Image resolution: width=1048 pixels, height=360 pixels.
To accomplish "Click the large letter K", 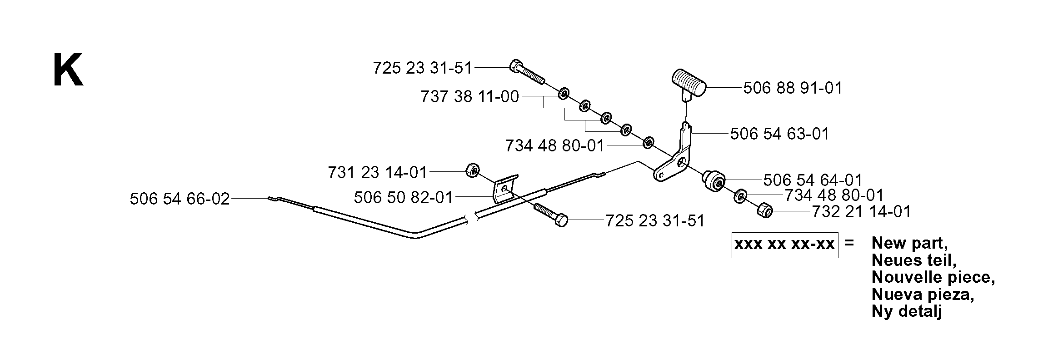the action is coord(68,70).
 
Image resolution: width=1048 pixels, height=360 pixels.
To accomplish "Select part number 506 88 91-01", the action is coord(793,88).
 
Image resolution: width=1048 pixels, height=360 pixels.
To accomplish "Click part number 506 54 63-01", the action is coord(779,134).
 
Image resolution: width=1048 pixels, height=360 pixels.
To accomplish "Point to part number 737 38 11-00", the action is coord(469,97).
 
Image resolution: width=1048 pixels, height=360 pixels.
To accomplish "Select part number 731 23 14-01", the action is coord(377,172).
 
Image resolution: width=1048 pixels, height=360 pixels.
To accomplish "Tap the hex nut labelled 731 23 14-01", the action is coord(471,171).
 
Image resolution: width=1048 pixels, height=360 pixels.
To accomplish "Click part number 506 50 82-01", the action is coord(404,197).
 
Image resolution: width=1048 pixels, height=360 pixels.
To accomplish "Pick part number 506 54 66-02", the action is coord(180,199).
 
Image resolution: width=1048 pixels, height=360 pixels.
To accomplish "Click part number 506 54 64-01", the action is coord(813,180).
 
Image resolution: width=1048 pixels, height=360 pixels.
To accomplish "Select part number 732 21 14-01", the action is coord(861,212).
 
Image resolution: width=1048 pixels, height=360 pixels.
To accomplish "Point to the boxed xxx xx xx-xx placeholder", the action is coord(785,245).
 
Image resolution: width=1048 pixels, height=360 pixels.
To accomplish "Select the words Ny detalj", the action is coord(907,311).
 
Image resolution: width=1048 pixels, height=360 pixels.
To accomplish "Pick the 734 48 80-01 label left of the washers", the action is coord(555,146).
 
